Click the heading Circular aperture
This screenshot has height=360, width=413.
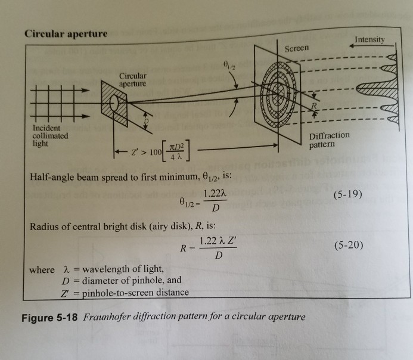66,33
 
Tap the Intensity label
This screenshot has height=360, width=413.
369,41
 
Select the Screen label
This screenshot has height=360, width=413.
296,48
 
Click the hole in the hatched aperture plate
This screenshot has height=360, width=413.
116,106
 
